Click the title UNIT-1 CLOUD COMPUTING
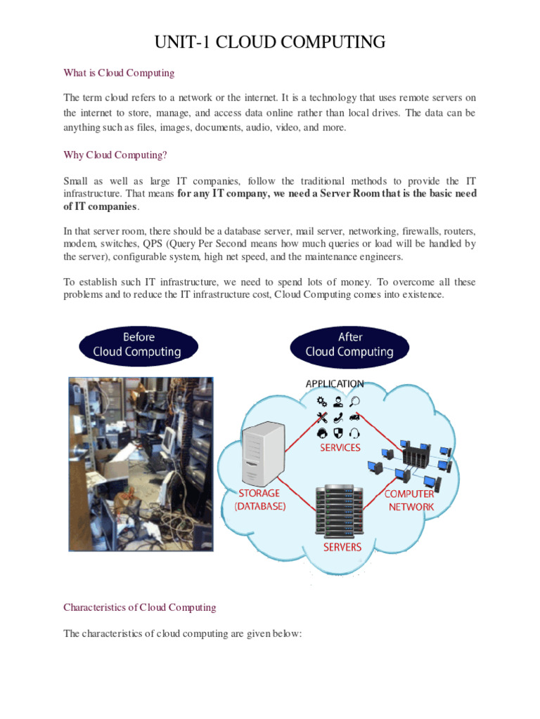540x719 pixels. [270, 42]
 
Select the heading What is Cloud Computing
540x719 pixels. [119, 73]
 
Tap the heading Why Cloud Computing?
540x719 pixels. [115, 154]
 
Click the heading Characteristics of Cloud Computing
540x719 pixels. [140, 607]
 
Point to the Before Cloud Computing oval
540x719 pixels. [139, 345]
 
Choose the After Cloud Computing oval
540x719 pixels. [349, 345]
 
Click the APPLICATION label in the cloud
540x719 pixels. [335, 384]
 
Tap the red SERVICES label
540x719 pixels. [340, 447]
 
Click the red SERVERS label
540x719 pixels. [342, 547]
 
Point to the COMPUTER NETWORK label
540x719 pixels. [410, 499]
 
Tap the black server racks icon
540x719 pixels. [340, 510]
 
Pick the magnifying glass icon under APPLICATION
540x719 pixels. [356, 402]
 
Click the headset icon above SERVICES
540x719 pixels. [356, 432]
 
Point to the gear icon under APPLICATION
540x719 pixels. [322, 402]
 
